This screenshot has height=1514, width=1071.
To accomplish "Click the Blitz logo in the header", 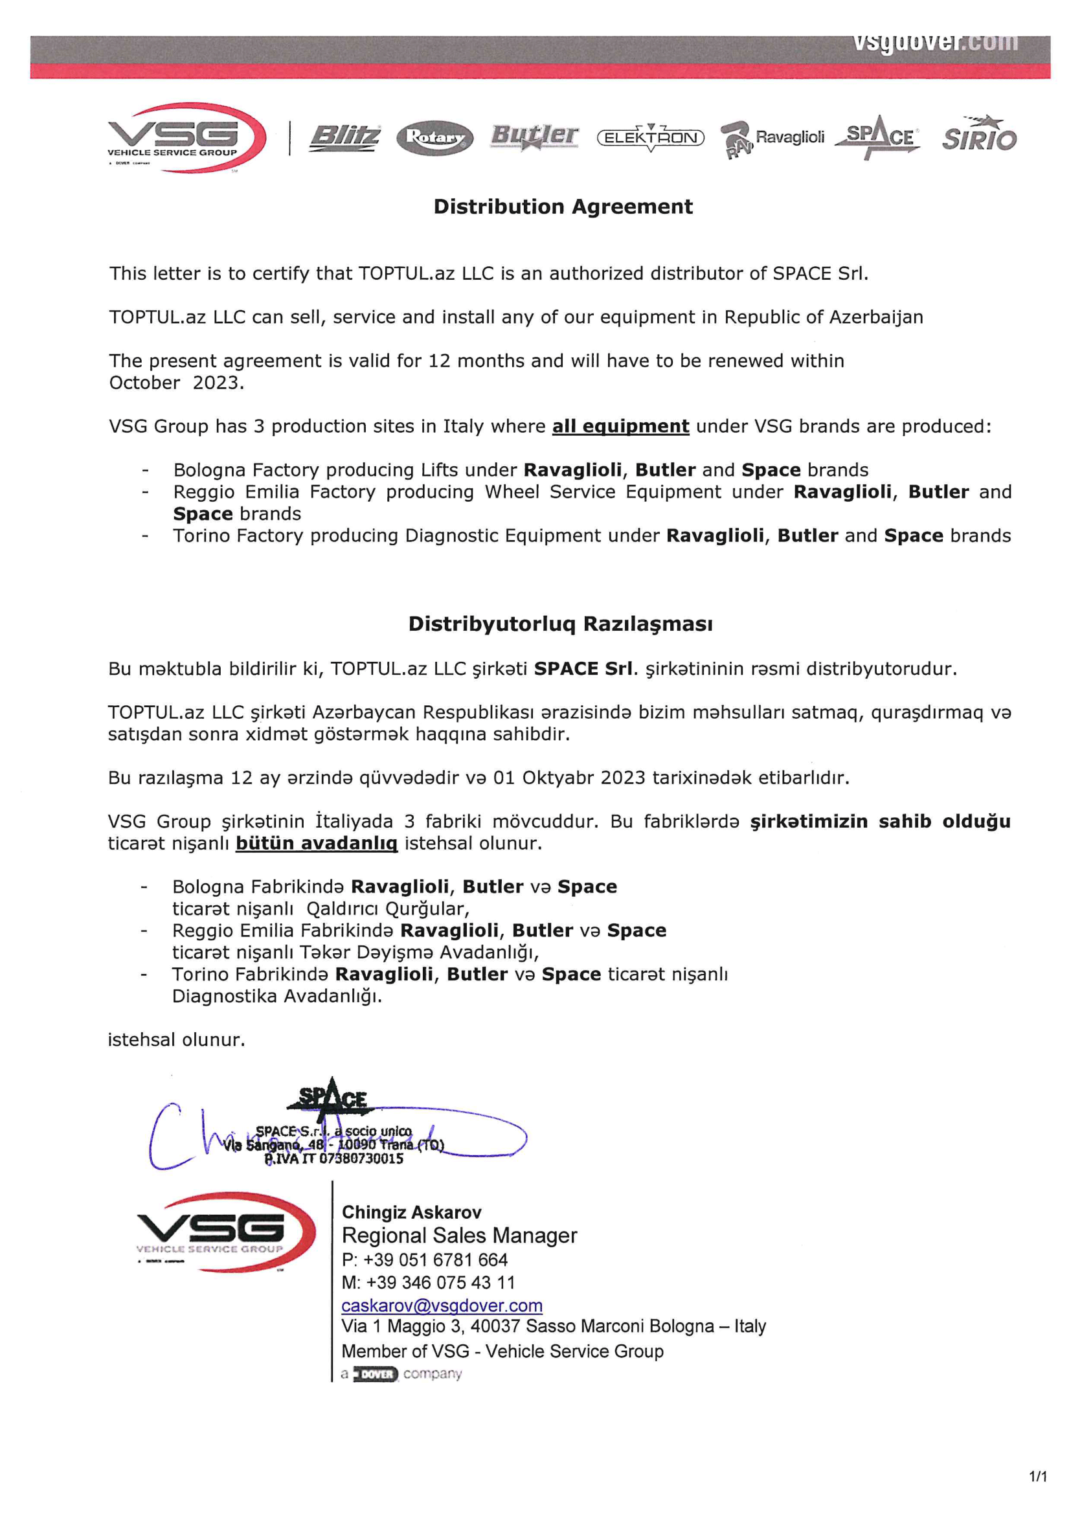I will point(344,138).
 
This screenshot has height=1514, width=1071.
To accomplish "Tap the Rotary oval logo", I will point(434,138).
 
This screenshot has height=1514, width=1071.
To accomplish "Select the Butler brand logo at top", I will point(534,137).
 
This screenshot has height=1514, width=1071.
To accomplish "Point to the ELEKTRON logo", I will point(650,138).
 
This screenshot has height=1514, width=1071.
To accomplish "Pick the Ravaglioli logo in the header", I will point(773,139).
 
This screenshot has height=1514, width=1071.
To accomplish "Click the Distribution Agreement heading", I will point(563,207).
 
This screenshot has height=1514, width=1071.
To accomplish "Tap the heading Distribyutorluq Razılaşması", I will point(561,624).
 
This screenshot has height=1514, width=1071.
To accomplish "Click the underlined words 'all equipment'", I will point(620,427).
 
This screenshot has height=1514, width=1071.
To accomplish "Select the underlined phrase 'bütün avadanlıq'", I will point(317,843).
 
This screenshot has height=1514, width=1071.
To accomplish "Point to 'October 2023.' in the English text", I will point(176,383).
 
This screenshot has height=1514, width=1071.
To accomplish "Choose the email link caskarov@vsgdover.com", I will point(442,1305).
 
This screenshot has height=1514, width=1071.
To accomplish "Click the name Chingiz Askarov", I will point(412,1213).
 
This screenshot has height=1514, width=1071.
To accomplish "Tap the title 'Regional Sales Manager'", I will point(460,1236).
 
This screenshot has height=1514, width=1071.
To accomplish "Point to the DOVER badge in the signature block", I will point(376,1374).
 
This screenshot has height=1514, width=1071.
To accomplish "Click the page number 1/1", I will point(1038,1476).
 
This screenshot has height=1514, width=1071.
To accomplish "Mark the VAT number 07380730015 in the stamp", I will point(361,1158).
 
